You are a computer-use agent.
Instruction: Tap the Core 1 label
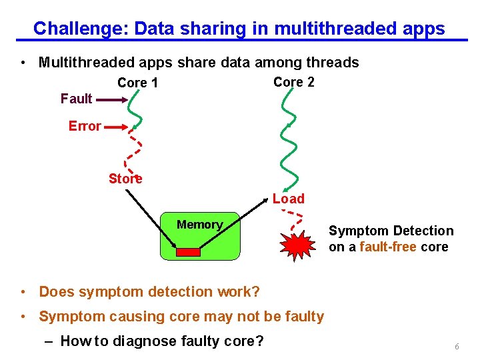coord(137,83)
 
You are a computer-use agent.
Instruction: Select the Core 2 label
coord(294,82)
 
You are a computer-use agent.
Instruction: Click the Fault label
coord(76,99)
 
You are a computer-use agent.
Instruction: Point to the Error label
coord(85,126)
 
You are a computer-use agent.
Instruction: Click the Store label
coord(125,179)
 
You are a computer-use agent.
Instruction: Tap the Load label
coord(288,199)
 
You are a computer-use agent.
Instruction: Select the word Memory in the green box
coord(199,225)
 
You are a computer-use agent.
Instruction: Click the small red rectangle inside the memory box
coord(188,251)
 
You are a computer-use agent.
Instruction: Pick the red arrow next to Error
coord(118,126)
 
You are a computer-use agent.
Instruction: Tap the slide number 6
coord(457,347)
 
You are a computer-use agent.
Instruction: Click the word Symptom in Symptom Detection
coord(357,231)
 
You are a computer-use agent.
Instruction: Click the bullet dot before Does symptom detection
coord(23,292)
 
